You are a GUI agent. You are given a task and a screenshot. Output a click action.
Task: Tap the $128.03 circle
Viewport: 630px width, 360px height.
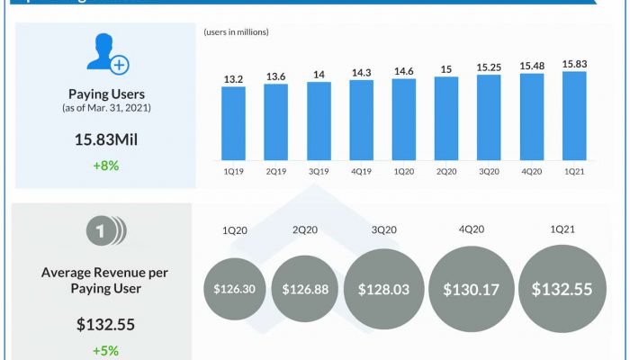[x=383, y=289]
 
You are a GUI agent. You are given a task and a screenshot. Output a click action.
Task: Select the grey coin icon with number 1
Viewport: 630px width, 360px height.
[x=106, y=231]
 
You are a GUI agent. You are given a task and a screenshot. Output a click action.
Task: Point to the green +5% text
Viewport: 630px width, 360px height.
[x=104, y=350]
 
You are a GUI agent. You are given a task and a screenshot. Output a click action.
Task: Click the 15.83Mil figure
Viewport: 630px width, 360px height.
[x=107, y=139]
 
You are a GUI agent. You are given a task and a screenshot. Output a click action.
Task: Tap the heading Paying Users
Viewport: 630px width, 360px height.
[x=107, y=94]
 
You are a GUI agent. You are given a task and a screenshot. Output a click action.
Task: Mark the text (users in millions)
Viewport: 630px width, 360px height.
[x=237, y=32]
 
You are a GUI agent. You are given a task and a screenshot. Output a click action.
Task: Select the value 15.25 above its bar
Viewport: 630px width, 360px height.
[x=489, y=67]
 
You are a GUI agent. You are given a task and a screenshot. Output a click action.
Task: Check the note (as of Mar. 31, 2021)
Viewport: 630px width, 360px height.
[x=107, y=109]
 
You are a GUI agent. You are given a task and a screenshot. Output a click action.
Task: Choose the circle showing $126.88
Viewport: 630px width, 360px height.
[x=305, y=289]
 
